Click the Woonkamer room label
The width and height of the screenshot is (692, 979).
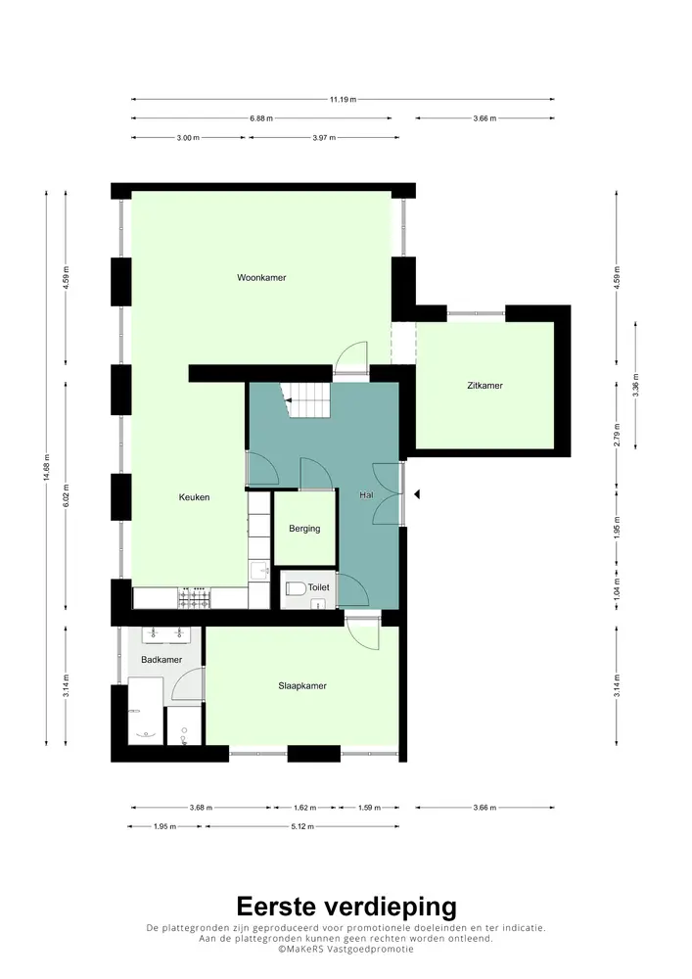click(261, 278)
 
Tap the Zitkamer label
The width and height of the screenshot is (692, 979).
click(484, 386)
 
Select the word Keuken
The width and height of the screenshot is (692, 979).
click(194, 497)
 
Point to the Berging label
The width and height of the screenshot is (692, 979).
click(304, 529)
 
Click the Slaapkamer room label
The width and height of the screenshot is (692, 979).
click(302, 686)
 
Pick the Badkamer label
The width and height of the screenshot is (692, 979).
click(161, 661)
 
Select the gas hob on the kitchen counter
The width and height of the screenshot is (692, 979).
click(193, 596)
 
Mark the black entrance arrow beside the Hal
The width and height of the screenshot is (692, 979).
click(416, 494)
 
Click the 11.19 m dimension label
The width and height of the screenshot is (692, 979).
click(343, 99)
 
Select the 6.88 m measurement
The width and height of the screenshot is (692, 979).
click(261, 118)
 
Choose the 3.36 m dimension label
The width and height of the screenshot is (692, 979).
click(636, 380)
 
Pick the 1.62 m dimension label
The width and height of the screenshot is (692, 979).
click(304, 808)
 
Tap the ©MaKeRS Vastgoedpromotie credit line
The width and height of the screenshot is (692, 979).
click(346, 949)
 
